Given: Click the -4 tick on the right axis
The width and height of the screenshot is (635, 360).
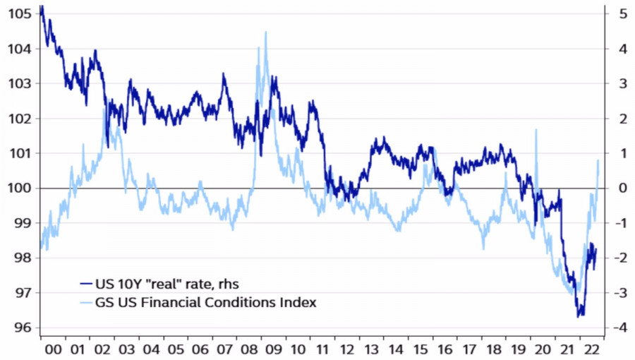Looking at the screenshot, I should pyautogui.click(x=619, y=328).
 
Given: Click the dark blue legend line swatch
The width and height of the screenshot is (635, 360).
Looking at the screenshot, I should pyautogui.click(x=86, y=284).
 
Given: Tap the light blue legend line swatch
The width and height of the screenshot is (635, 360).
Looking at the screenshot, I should pyautogui.click(x=86, y=302).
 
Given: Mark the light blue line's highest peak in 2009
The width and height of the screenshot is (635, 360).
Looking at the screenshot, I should pyautogui.click(x=265, y=32).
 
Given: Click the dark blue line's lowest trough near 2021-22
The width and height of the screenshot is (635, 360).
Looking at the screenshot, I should pyautogui.click(x=579, y=316).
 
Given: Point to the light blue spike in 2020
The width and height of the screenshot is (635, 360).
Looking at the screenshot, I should pyautogui.click(x=537, y=131).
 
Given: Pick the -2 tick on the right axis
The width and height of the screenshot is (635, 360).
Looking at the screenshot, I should pyautogui.click(x=619, y=258).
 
